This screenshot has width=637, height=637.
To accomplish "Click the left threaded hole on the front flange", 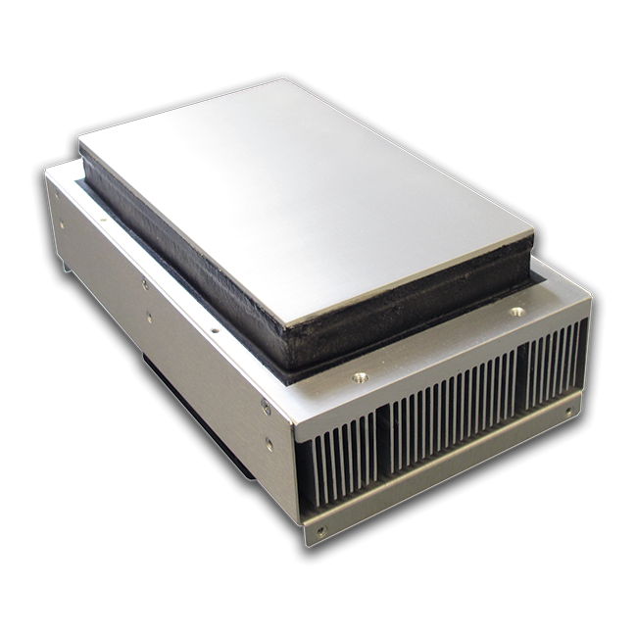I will click(360, 375).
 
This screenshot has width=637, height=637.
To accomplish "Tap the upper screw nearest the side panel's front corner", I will click(265, 405).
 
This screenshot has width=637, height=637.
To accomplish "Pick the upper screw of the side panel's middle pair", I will click(144, 284).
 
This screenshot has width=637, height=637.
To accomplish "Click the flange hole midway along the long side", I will click(215, 329).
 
